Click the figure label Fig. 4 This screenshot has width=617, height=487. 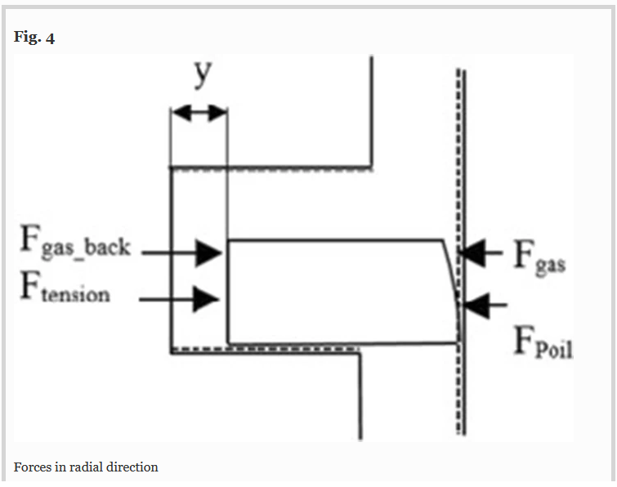pos(34,38)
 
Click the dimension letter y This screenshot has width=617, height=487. pos(203,74)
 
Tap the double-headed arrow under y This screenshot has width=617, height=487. pos(199,113)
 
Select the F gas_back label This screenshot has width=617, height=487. pos(75,243)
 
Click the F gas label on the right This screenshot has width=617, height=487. pos(539,257)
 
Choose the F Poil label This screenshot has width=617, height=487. pos(543,342)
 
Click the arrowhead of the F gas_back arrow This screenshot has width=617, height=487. pos(209,253)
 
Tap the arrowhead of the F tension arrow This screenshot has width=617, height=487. pos(206,299)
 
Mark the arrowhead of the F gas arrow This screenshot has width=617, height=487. pos(472,253)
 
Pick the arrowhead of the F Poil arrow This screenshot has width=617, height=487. pos(476,305)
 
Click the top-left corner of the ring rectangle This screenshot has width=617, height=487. pos(229,239)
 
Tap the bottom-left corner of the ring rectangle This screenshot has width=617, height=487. pos(229,343)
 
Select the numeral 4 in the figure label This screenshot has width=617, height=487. pos(50,38)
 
